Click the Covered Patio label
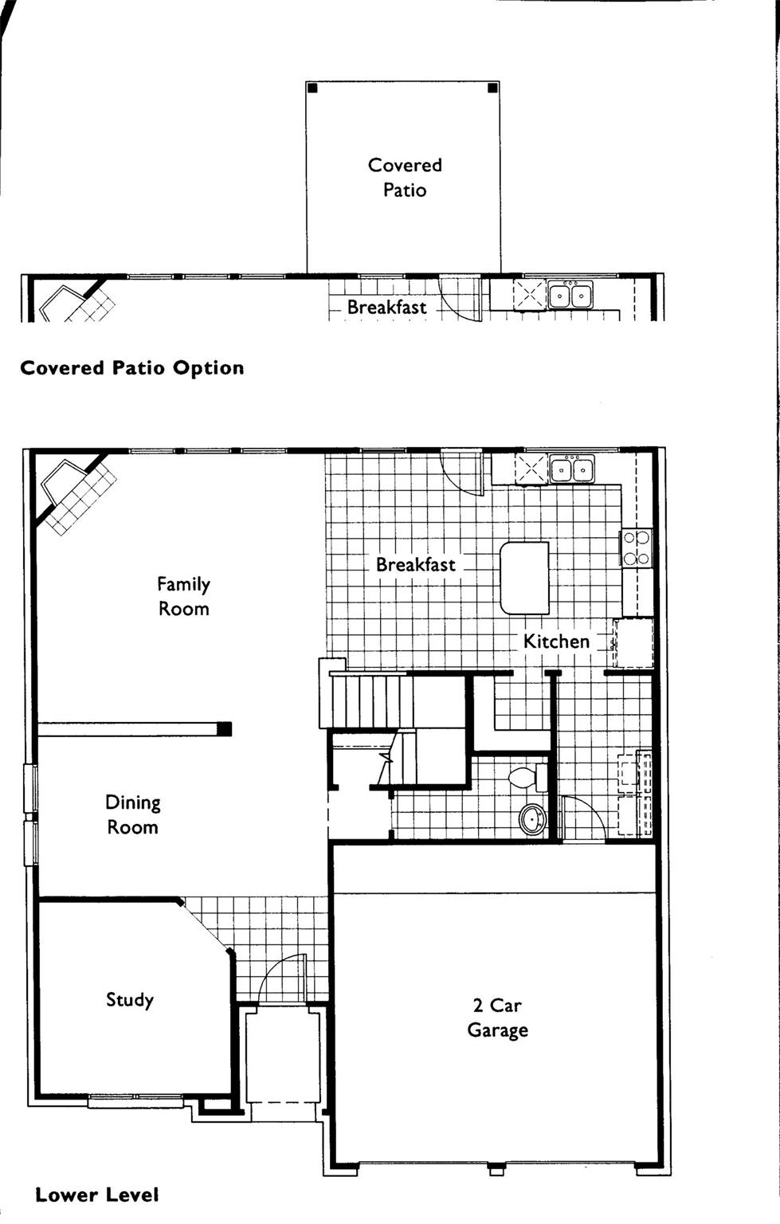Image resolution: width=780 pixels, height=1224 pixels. (x=405, y=177)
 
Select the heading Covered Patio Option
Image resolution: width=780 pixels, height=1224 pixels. (x=131, y=368)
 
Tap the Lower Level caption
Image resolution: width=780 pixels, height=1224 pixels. (x=96, y=1195)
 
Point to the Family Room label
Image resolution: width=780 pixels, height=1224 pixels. (x=183, y=596)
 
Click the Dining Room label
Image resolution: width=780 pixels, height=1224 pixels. (x=133, y=814)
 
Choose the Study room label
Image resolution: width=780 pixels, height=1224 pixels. (x=130, y=999)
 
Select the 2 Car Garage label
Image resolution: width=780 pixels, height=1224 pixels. (x=497, y=1018)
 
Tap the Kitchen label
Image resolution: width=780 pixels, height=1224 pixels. (x=556, y=641)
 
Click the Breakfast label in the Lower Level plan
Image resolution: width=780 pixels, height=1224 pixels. (x=415, y=564)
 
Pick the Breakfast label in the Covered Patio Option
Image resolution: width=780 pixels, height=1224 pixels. (x=386, y=307)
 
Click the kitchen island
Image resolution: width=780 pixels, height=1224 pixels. (x=524, y=578)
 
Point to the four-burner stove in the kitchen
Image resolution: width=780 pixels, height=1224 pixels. (x=636, y=547)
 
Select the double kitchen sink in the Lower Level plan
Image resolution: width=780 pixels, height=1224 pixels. (x=571, y=469)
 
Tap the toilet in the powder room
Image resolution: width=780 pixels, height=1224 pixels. (x=527, y=777)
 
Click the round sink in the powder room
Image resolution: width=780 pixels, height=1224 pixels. (x=532, y=818)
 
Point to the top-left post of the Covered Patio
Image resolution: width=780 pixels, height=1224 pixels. (x=312, y=88)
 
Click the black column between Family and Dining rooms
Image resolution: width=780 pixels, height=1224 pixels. (x=225, y=728)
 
